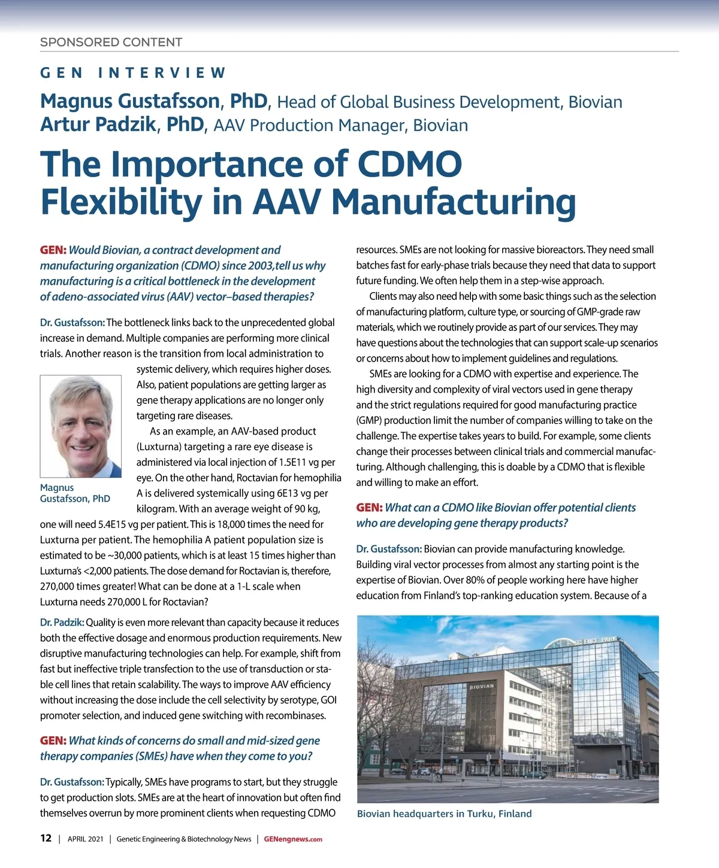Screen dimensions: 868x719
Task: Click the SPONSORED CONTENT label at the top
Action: [111, 43]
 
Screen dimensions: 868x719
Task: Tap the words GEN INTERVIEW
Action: [133, 73]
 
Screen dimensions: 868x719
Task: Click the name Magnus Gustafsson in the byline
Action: [130, 101]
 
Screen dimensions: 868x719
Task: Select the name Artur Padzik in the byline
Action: [98, 125]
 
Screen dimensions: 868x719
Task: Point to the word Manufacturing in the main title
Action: [454, 202]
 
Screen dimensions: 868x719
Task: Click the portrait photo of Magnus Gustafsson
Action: [81, 426]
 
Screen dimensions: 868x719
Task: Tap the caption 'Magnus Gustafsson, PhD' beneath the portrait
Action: [75, 493]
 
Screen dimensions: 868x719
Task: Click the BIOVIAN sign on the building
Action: [481, 686]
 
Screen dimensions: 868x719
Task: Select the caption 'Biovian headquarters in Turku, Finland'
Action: [444, 814]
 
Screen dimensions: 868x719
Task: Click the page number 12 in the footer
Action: [46, 838]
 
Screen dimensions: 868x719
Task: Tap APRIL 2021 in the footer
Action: [85, 839]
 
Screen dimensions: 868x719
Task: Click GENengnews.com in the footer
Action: [293, 839]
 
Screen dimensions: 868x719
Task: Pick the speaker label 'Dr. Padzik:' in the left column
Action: [62, 623]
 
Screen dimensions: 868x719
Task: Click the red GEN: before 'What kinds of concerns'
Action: [53, 740]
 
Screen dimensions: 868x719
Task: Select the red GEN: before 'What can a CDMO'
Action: [369, 508]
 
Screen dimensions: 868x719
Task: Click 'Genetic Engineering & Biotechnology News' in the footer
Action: [183, 839]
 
